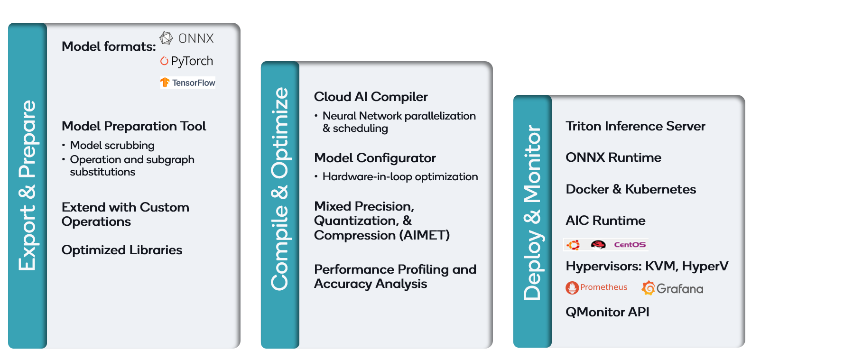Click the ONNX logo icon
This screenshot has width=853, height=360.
166,38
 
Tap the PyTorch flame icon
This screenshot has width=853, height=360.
164,61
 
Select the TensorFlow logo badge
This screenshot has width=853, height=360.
188,83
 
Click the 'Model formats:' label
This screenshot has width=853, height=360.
109,46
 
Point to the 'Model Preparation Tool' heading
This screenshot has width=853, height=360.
134,126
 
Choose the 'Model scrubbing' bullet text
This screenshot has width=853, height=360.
112,145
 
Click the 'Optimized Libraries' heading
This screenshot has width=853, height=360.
122,250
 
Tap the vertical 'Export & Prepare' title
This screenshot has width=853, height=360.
27,185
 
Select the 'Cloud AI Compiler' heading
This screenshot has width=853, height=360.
371,97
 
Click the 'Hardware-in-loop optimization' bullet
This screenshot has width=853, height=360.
400,177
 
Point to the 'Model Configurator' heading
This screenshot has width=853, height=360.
375,158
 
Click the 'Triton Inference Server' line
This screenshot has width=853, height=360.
635,126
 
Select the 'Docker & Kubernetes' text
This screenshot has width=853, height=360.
630,189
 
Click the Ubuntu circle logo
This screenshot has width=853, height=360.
573,245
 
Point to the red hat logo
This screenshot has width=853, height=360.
598,245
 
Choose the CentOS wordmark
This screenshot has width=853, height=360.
630,245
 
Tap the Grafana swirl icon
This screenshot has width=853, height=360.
648,288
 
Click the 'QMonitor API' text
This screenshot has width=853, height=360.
607,312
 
